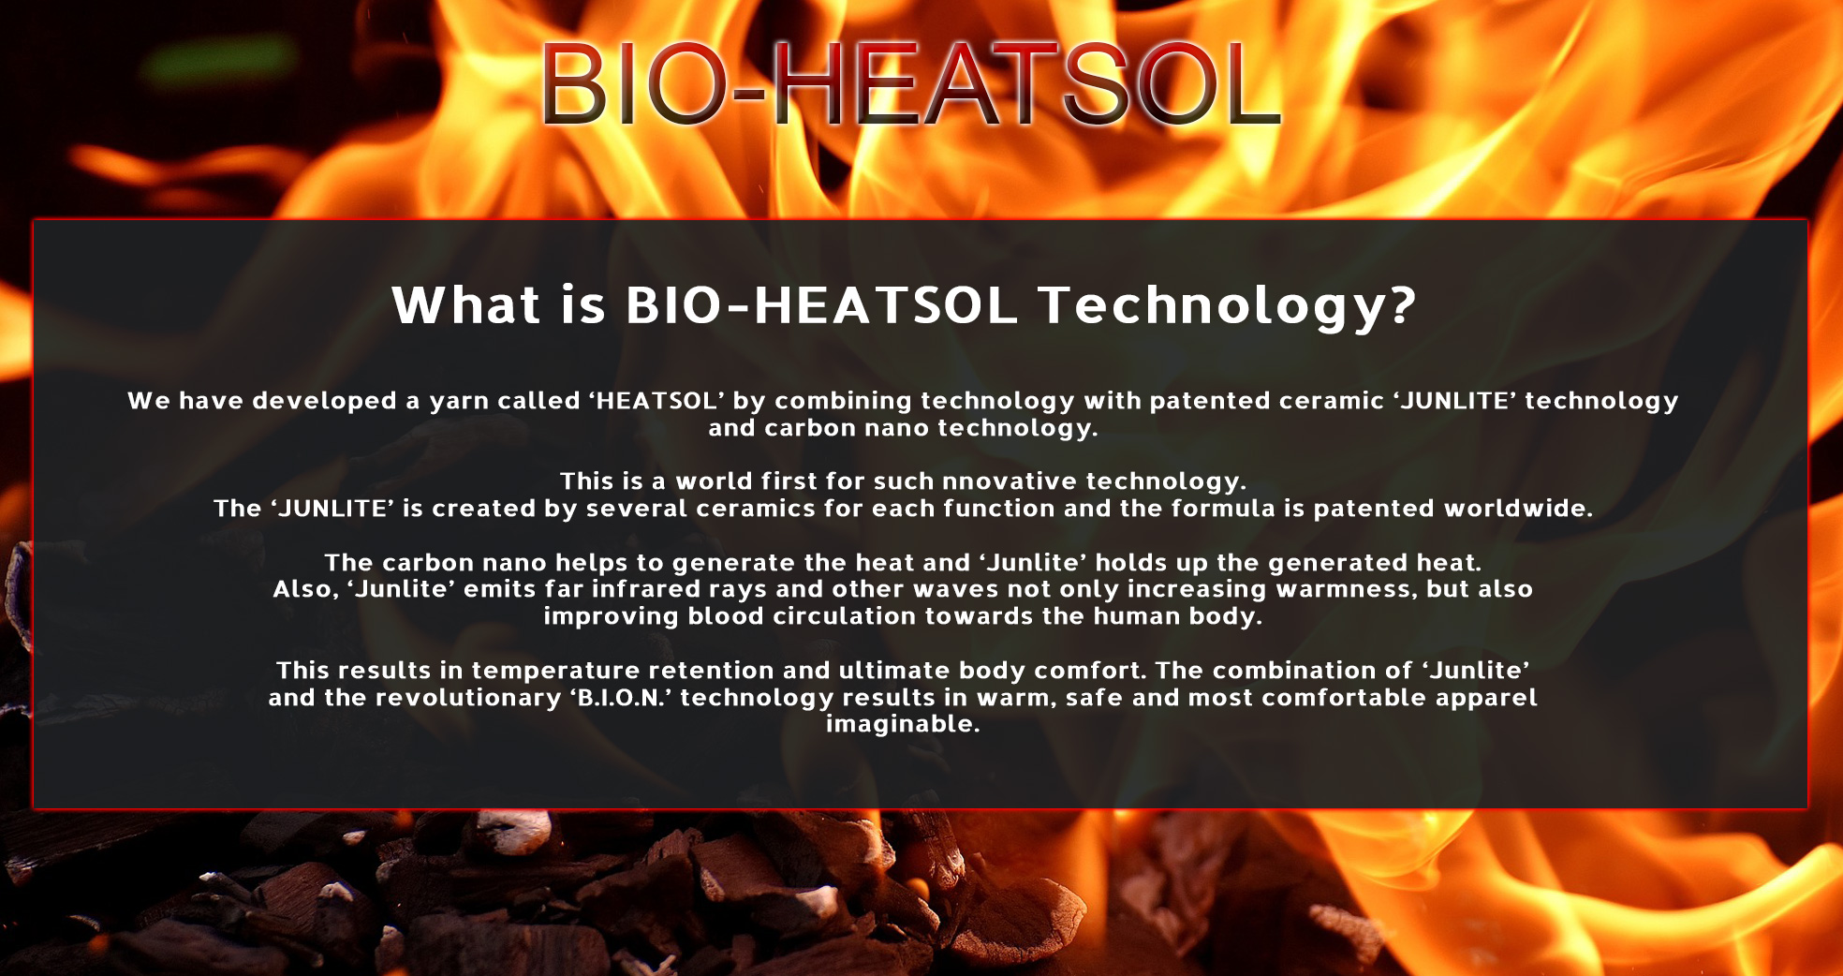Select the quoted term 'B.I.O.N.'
point(620,698)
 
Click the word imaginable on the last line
point(903,724)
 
